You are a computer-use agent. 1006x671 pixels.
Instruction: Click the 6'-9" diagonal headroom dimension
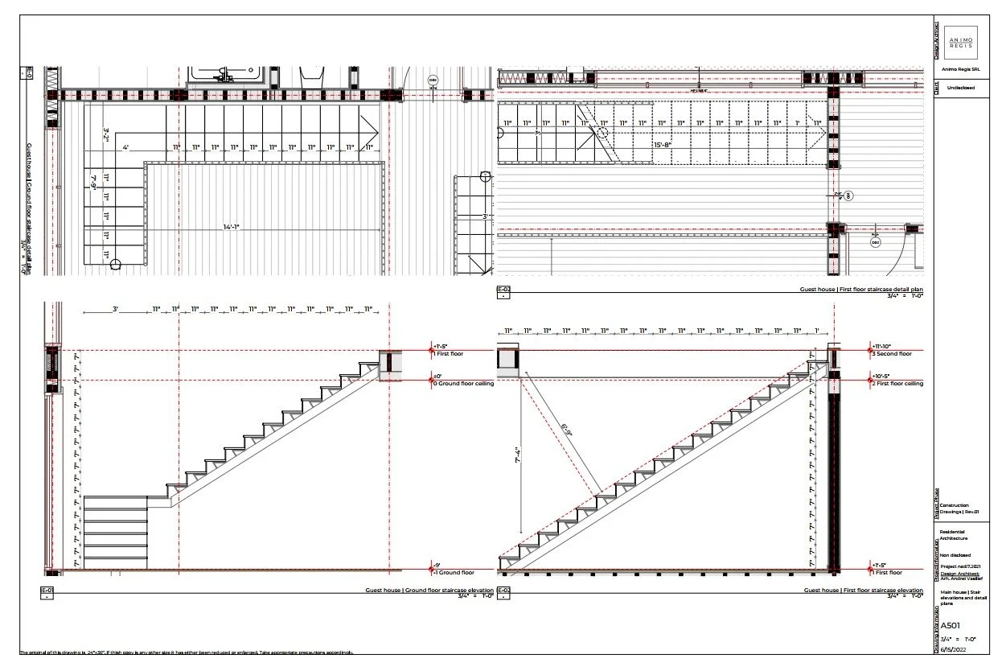tap(568, 431)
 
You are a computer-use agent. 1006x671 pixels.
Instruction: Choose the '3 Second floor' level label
tap(893, 353)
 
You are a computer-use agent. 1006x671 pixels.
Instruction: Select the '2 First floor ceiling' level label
tap(898, 384)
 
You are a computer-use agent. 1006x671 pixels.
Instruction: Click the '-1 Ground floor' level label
tap(457, 573)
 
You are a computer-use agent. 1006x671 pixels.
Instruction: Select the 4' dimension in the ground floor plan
tap(126, 148)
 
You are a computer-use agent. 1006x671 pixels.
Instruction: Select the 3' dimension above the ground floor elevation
tap(116, 309)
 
